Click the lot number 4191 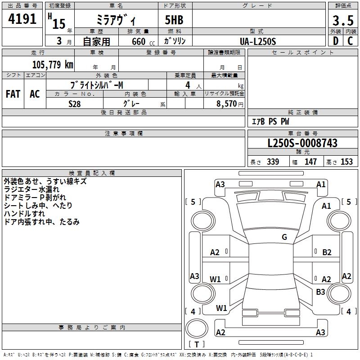[x=22, y=19]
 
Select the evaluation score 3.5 [x=342, y=20]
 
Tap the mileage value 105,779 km [x=53, y=65]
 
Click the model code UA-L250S [x=258, y=41]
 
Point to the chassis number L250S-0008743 [x=302, y=144]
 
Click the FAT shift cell [x=13, y=94]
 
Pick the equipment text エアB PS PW [x=270, y=121]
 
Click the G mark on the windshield [x=284, y=237]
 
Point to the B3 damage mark [x=320, y=292]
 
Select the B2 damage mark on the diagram [x=327, y=252]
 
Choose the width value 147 [x=310, y=162]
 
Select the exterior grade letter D [x=335, y=41]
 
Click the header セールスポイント [x=303, y=53]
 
